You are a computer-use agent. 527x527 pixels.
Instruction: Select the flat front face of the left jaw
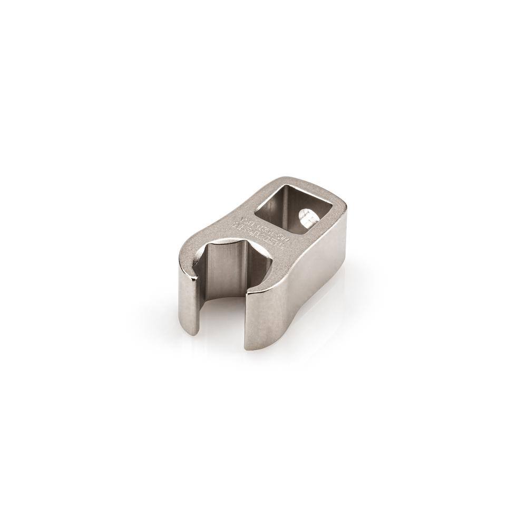(189, 303)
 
